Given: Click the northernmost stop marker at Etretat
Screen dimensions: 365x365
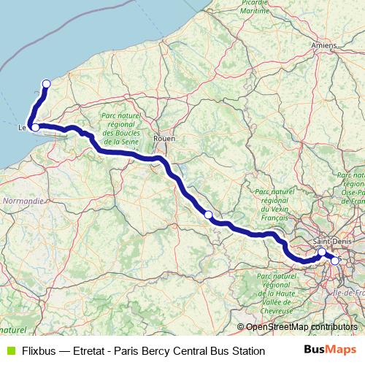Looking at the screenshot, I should coord(47,83).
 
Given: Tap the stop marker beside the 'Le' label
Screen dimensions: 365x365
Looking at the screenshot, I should coord(35,128).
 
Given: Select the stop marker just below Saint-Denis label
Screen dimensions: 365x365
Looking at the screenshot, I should coord(322,252).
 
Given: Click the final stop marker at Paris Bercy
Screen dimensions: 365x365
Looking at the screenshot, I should coord(335,260).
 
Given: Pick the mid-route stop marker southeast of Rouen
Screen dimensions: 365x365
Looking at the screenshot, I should coord(208,214).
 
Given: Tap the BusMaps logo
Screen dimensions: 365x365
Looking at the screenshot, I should coord(330,350).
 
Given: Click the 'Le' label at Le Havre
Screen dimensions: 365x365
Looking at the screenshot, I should coord(23,128).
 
